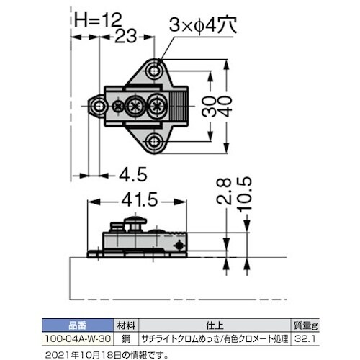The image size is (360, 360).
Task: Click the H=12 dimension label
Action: coord(98,19)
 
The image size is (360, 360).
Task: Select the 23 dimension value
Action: coord(125,36)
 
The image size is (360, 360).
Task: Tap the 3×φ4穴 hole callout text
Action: coord(203,24)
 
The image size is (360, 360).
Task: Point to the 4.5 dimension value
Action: coord(133,174)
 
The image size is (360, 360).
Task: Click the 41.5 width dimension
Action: coord(140,200)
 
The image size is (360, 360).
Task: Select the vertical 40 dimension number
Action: coord(226,107)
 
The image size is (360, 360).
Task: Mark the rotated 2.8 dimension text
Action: coord(223,192)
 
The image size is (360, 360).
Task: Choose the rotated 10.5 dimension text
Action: coord(244,194)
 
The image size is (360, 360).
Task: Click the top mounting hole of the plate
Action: coord(154,71)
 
